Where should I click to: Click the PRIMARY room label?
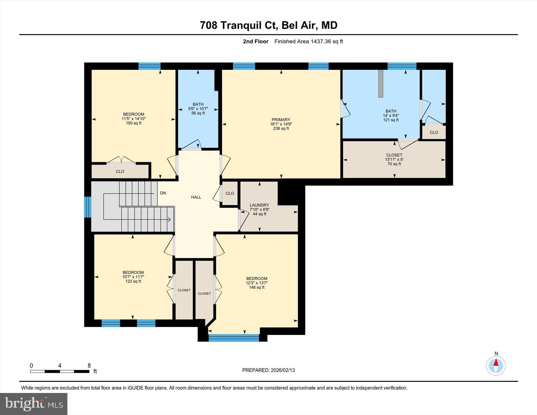click(x=281, y=120)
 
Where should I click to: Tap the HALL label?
click(x=196, y=197)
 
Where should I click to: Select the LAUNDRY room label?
click(x=259, y=205)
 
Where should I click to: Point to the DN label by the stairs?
click(x=163, y=193)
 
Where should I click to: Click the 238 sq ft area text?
click(x=281, y=128)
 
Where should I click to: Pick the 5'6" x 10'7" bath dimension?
click(x=198, y=109)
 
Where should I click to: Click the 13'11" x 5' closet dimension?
click(x=394, y=159)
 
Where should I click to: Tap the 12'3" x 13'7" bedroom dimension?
click(x=257, y=283)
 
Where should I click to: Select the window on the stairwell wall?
click(x=88, y=207)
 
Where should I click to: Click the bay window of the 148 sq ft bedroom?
click(x=234, y=338)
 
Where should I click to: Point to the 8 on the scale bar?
click(x=89, y=365)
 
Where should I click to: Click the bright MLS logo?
click(x=34, y=404)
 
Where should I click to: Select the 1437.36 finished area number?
click(x=321, y=41)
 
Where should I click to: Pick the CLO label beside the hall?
click(x=230, y=193)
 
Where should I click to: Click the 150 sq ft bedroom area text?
click(x=134, y=123)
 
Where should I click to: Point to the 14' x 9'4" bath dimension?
click(x=391, y=115)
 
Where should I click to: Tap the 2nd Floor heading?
click(x=256, y=41)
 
